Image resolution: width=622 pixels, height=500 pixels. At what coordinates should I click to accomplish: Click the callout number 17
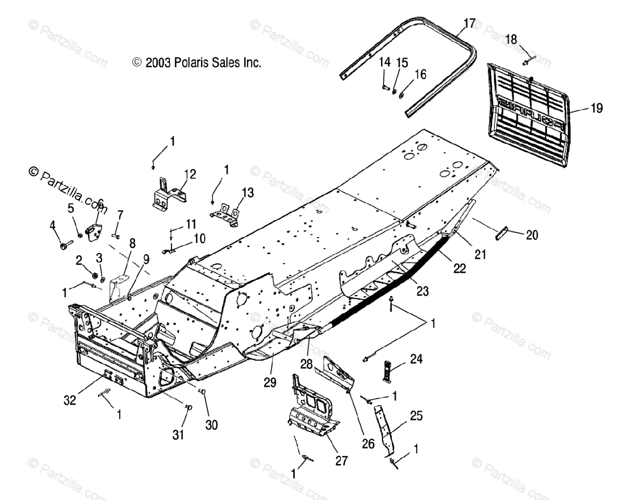(x=469, y=23)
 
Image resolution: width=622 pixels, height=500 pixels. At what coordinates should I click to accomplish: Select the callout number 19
(x=596, y=108)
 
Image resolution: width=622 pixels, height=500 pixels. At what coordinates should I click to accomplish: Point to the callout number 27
(x=341, y=460)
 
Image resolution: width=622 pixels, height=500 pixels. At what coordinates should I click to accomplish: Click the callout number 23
(x=422, y=291)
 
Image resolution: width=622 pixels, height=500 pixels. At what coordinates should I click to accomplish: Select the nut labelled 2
(x=95, y=273)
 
